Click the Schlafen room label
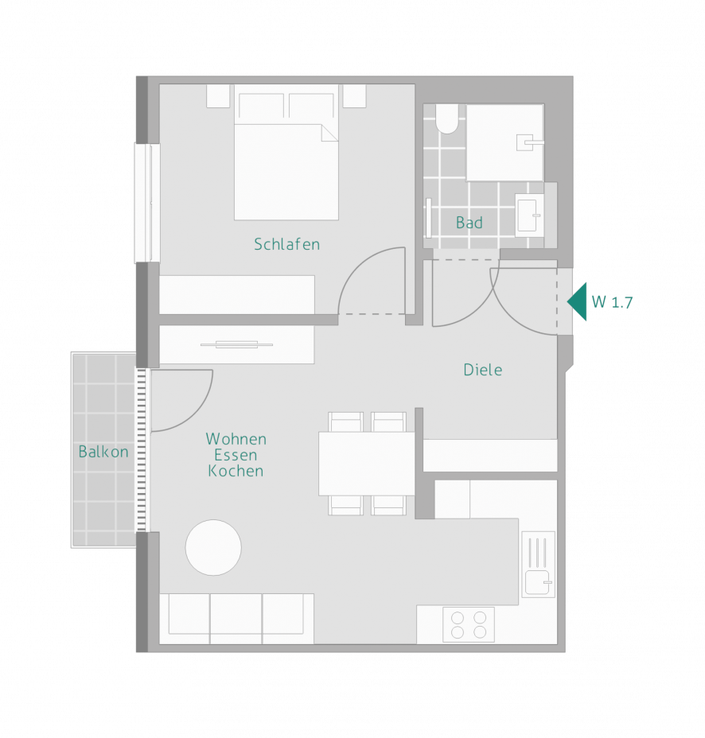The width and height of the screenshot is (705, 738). pos(286,244)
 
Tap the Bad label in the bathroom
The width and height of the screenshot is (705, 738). pos(469,223)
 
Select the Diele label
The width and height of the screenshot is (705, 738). pos(483,370)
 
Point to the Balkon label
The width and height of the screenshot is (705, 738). pos(103,452)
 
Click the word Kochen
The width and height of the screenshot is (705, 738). pos(236,471)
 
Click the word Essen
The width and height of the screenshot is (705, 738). pos(236,455)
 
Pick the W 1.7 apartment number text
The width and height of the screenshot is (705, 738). pos(612,302)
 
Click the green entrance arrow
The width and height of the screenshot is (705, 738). pos(578,301)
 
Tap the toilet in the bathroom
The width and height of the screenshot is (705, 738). pos(447,118)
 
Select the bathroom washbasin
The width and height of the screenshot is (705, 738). pos(529,215)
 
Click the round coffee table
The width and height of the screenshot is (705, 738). pos(213,547)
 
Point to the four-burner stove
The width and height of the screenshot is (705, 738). pos(469,624)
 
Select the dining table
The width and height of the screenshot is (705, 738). pos(366,464)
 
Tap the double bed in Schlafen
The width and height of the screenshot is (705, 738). pos(286,152)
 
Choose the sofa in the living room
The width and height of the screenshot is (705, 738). pos(236,619)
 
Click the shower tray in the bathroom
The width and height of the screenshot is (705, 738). pos(504,142)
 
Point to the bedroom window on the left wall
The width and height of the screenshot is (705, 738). pos(147,203)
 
